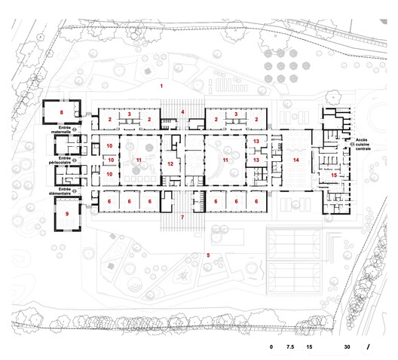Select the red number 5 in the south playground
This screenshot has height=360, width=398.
(x=208, y=256)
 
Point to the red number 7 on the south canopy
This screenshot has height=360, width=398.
(x=182, y=217)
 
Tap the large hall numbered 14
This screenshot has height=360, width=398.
(x=295, y=160)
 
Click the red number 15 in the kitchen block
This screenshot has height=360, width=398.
(x=334, y=175)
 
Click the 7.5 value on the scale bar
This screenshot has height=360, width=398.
(x=289, y=348)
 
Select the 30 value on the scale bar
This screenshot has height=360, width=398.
(x=347, y=348)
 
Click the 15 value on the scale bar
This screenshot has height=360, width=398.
(x=310, y=348)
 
